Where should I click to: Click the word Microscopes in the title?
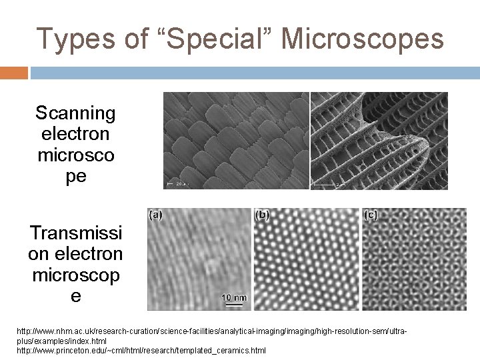click(363, 39)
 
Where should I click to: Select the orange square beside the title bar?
click(13, 73)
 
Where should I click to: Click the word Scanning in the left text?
click(75, 113)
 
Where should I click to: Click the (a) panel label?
click(155, 215)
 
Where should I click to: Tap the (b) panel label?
click(263, 215)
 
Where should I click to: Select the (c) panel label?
click(371, 215)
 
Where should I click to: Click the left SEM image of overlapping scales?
click(236, 140)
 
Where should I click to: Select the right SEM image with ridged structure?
click(379, 140)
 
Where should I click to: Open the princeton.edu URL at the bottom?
click(141, 350)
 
